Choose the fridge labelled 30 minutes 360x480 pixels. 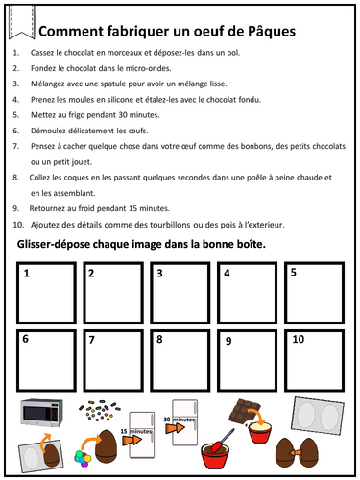[184, 419]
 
